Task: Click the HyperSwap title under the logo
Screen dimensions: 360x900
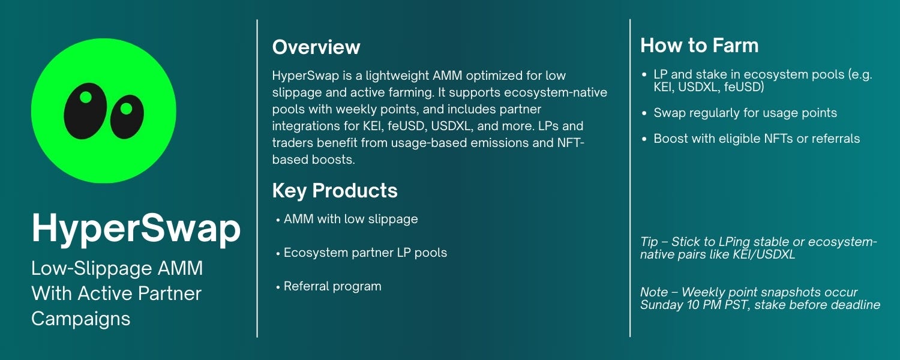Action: pos(136,229)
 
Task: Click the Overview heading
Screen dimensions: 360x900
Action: pos(316,47)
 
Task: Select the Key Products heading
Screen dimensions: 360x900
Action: pos(335,191)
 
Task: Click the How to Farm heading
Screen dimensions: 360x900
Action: pos(699,46)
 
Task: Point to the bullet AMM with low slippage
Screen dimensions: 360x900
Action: pos(350,219)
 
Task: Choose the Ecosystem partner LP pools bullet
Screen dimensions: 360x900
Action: pos(365,253)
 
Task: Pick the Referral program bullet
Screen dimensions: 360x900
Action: pos(332,286)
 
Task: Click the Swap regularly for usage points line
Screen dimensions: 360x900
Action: pos(745,113)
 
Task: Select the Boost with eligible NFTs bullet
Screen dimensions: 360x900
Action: pos(756,139)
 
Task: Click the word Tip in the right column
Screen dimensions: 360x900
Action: pos(649,242)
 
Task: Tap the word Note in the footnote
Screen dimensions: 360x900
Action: pos(654,292)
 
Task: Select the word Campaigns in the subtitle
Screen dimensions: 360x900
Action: pos(80,319)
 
